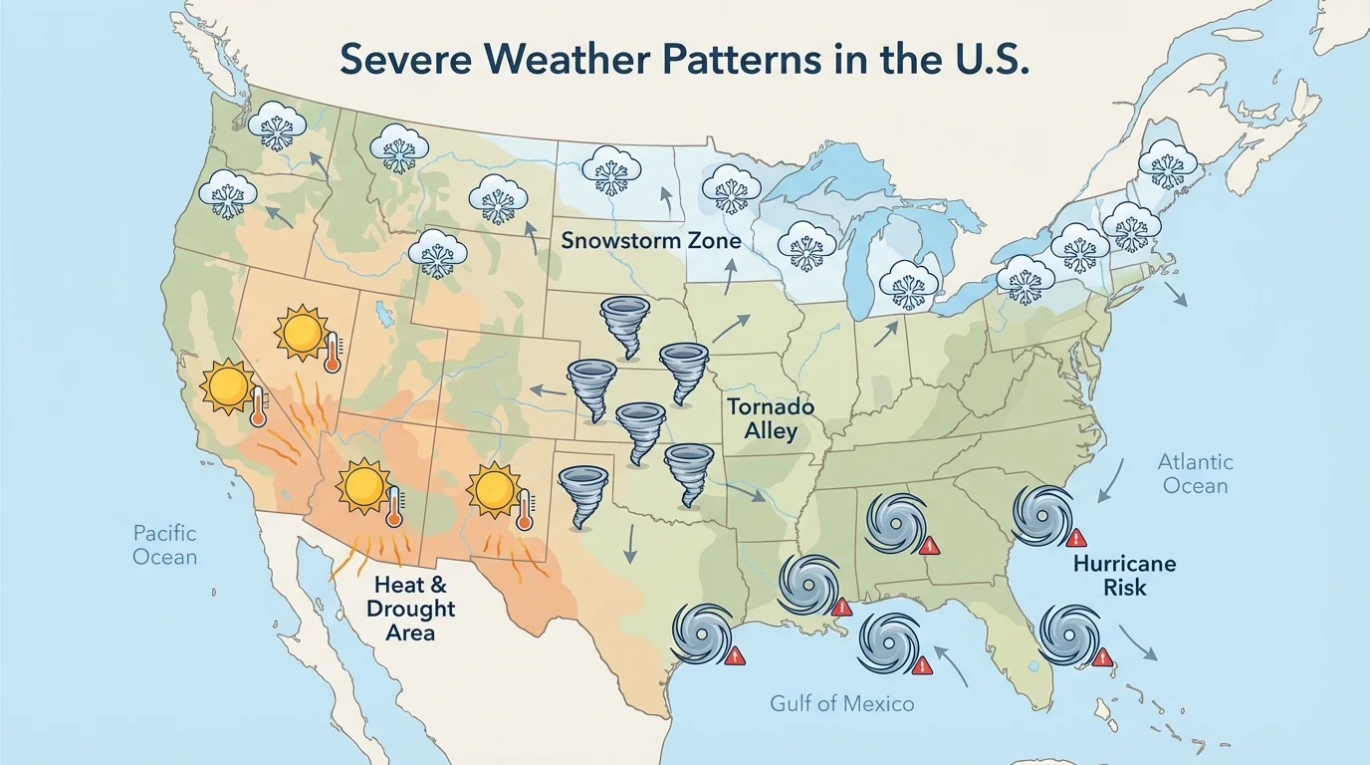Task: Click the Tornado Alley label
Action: pyautogui.click(x=770, y=418)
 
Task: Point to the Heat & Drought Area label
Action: pyautogui.click(x=410, y=608)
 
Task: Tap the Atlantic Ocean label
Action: pyautogui.click(x=1195, y=474)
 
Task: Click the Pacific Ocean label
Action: pyautogui.click(x=165, y=545)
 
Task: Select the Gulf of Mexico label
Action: pyautogui.click(x=841, y=704)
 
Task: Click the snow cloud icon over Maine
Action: pyautogui.click(x=1167, y=162)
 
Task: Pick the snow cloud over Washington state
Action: pyautogui.click(x=277, y=126)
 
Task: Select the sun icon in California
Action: pyautogui.click(x=228, y=387)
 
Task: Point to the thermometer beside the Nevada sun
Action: pyautogui.click(x=332, y=353)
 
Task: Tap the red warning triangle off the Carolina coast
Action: pyautogui.click(x=1075, y=538)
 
